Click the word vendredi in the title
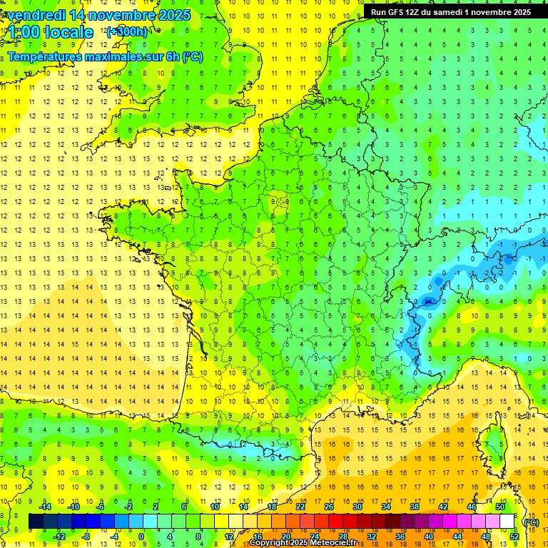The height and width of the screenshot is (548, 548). [36, 15]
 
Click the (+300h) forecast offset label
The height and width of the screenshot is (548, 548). [126, 32]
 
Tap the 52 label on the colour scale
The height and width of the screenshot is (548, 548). [514, 537]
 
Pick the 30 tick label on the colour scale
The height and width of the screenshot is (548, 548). [357, 507]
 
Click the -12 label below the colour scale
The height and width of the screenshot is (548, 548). [59, 537]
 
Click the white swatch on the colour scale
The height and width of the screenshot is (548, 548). [507, 522]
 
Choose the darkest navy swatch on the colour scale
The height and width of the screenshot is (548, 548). [36, 522]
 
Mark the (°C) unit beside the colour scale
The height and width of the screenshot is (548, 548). [531, 522]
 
